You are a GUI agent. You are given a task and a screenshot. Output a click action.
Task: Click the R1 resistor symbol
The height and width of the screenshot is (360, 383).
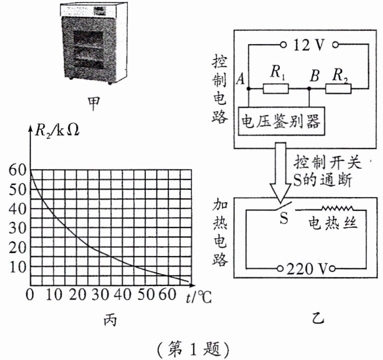pyautogui.click(x=275, y=89)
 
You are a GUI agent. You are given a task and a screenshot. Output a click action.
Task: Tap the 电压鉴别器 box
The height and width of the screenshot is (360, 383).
pyautogui.click(x=280, y=121)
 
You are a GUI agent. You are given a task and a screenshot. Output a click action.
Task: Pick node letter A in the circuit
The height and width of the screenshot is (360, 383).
pyautogui.click(x=241, y=79)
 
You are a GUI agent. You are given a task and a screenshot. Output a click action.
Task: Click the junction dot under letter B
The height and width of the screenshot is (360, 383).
pyautogui.click(x=310, y=89)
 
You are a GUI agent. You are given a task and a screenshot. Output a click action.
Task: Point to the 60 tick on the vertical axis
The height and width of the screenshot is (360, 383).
pyautogui.click(x=17, y=169)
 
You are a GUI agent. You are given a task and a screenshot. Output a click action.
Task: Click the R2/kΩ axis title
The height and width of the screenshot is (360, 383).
pyautogui.click(x=56, y=131)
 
